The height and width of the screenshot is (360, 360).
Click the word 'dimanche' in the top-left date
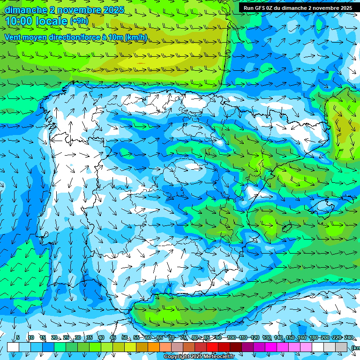tap(26, 10)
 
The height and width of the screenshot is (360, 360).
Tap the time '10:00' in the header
tap(21, 21)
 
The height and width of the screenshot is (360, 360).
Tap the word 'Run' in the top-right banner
tap(249, 8)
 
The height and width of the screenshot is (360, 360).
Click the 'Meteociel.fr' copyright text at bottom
tap(215, 357)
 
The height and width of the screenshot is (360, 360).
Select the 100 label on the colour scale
tap(231, 337)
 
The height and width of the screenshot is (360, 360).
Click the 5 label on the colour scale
tap(18, 337)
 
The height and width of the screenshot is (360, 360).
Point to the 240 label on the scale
tap(348, 337)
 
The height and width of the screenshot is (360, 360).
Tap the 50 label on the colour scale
tap(124, 337)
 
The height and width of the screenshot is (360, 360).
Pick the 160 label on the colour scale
tap(301, 337)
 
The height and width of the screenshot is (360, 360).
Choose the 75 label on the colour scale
tap(183, 337)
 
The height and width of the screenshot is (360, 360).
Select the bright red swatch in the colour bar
tap(212, 347)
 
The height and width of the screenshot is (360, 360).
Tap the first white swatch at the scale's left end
tap(13, 347)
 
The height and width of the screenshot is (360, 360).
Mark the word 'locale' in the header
tap(53, 21)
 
